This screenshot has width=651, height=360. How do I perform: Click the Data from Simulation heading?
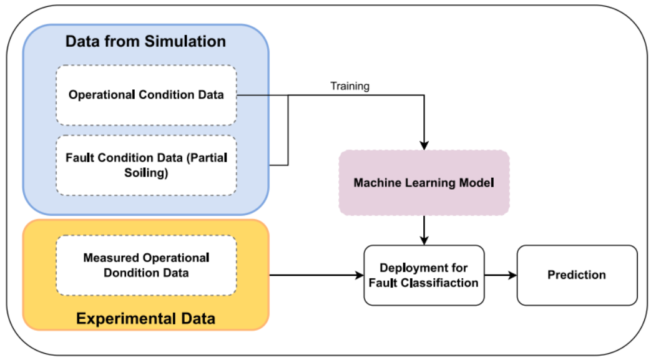tap(145, 42)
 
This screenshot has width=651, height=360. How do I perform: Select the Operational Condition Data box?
tap(147, 95)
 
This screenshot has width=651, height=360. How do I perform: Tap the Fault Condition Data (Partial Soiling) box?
tap(147, 165)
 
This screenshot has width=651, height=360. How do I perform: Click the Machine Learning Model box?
tap(424, 183)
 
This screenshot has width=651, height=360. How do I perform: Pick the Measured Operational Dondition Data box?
tap(147, 265)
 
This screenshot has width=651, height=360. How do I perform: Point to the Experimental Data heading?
tap(145, 318)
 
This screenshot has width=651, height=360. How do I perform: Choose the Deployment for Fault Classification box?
tap(424, 275)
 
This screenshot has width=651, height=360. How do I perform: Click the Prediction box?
tap(577, 275)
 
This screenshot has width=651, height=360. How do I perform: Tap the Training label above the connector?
tap(350, 86)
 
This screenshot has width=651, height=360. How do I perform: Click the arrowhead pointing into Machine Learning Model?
tap(424, 145)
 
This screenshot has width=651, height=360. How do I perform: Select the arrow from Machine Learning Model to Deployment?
tap(424, 230)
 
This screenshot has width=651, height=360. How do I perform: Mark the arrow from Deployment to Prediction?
tap(501, 275)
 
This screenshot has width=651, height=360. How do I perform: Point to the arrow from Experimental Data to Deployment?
tap(316, 275)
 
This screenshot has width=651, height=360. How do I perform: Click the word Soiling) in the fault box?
tap(146, 173)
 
